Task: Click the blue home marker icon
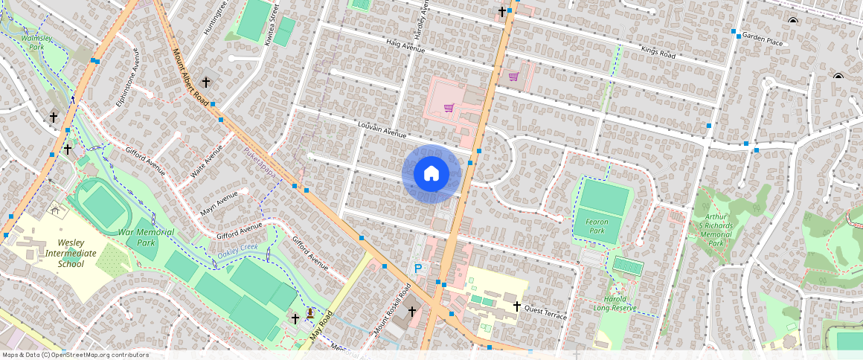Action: tap(431, 174)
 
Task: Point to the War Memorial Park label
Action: tap(146, 237)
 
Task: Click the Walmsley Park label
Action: tap(33, 42)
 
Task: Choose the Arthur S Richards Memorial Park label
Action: tap(716, 230)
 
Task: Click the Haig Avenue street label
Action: tap(405, 46)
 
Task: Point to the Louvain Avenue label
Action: tap(382, 130)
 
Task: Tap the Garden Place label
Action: tap(763, 40)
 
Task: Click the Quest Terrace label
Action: tap(545, 311)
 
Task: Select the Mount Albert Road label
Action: tap(190, 77)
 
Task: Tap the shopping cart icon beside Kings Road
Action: tap(513, 76)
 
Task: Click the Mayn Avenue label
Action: tap(219, 203)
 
